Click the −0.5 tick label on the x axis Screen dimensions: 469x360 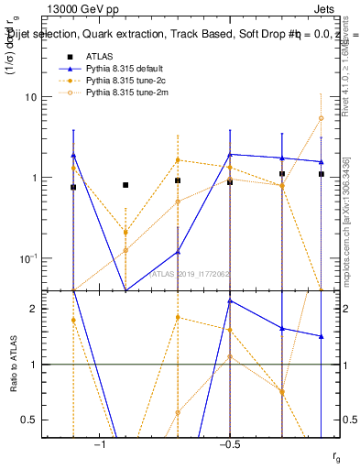(229, 445)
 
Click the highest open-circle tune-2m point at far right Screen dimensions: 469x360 (321, 118)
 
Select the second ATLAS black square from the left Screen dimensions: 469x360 (125, 185)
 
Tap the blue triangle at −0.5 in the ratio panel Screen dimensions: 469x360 (230, 300)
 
